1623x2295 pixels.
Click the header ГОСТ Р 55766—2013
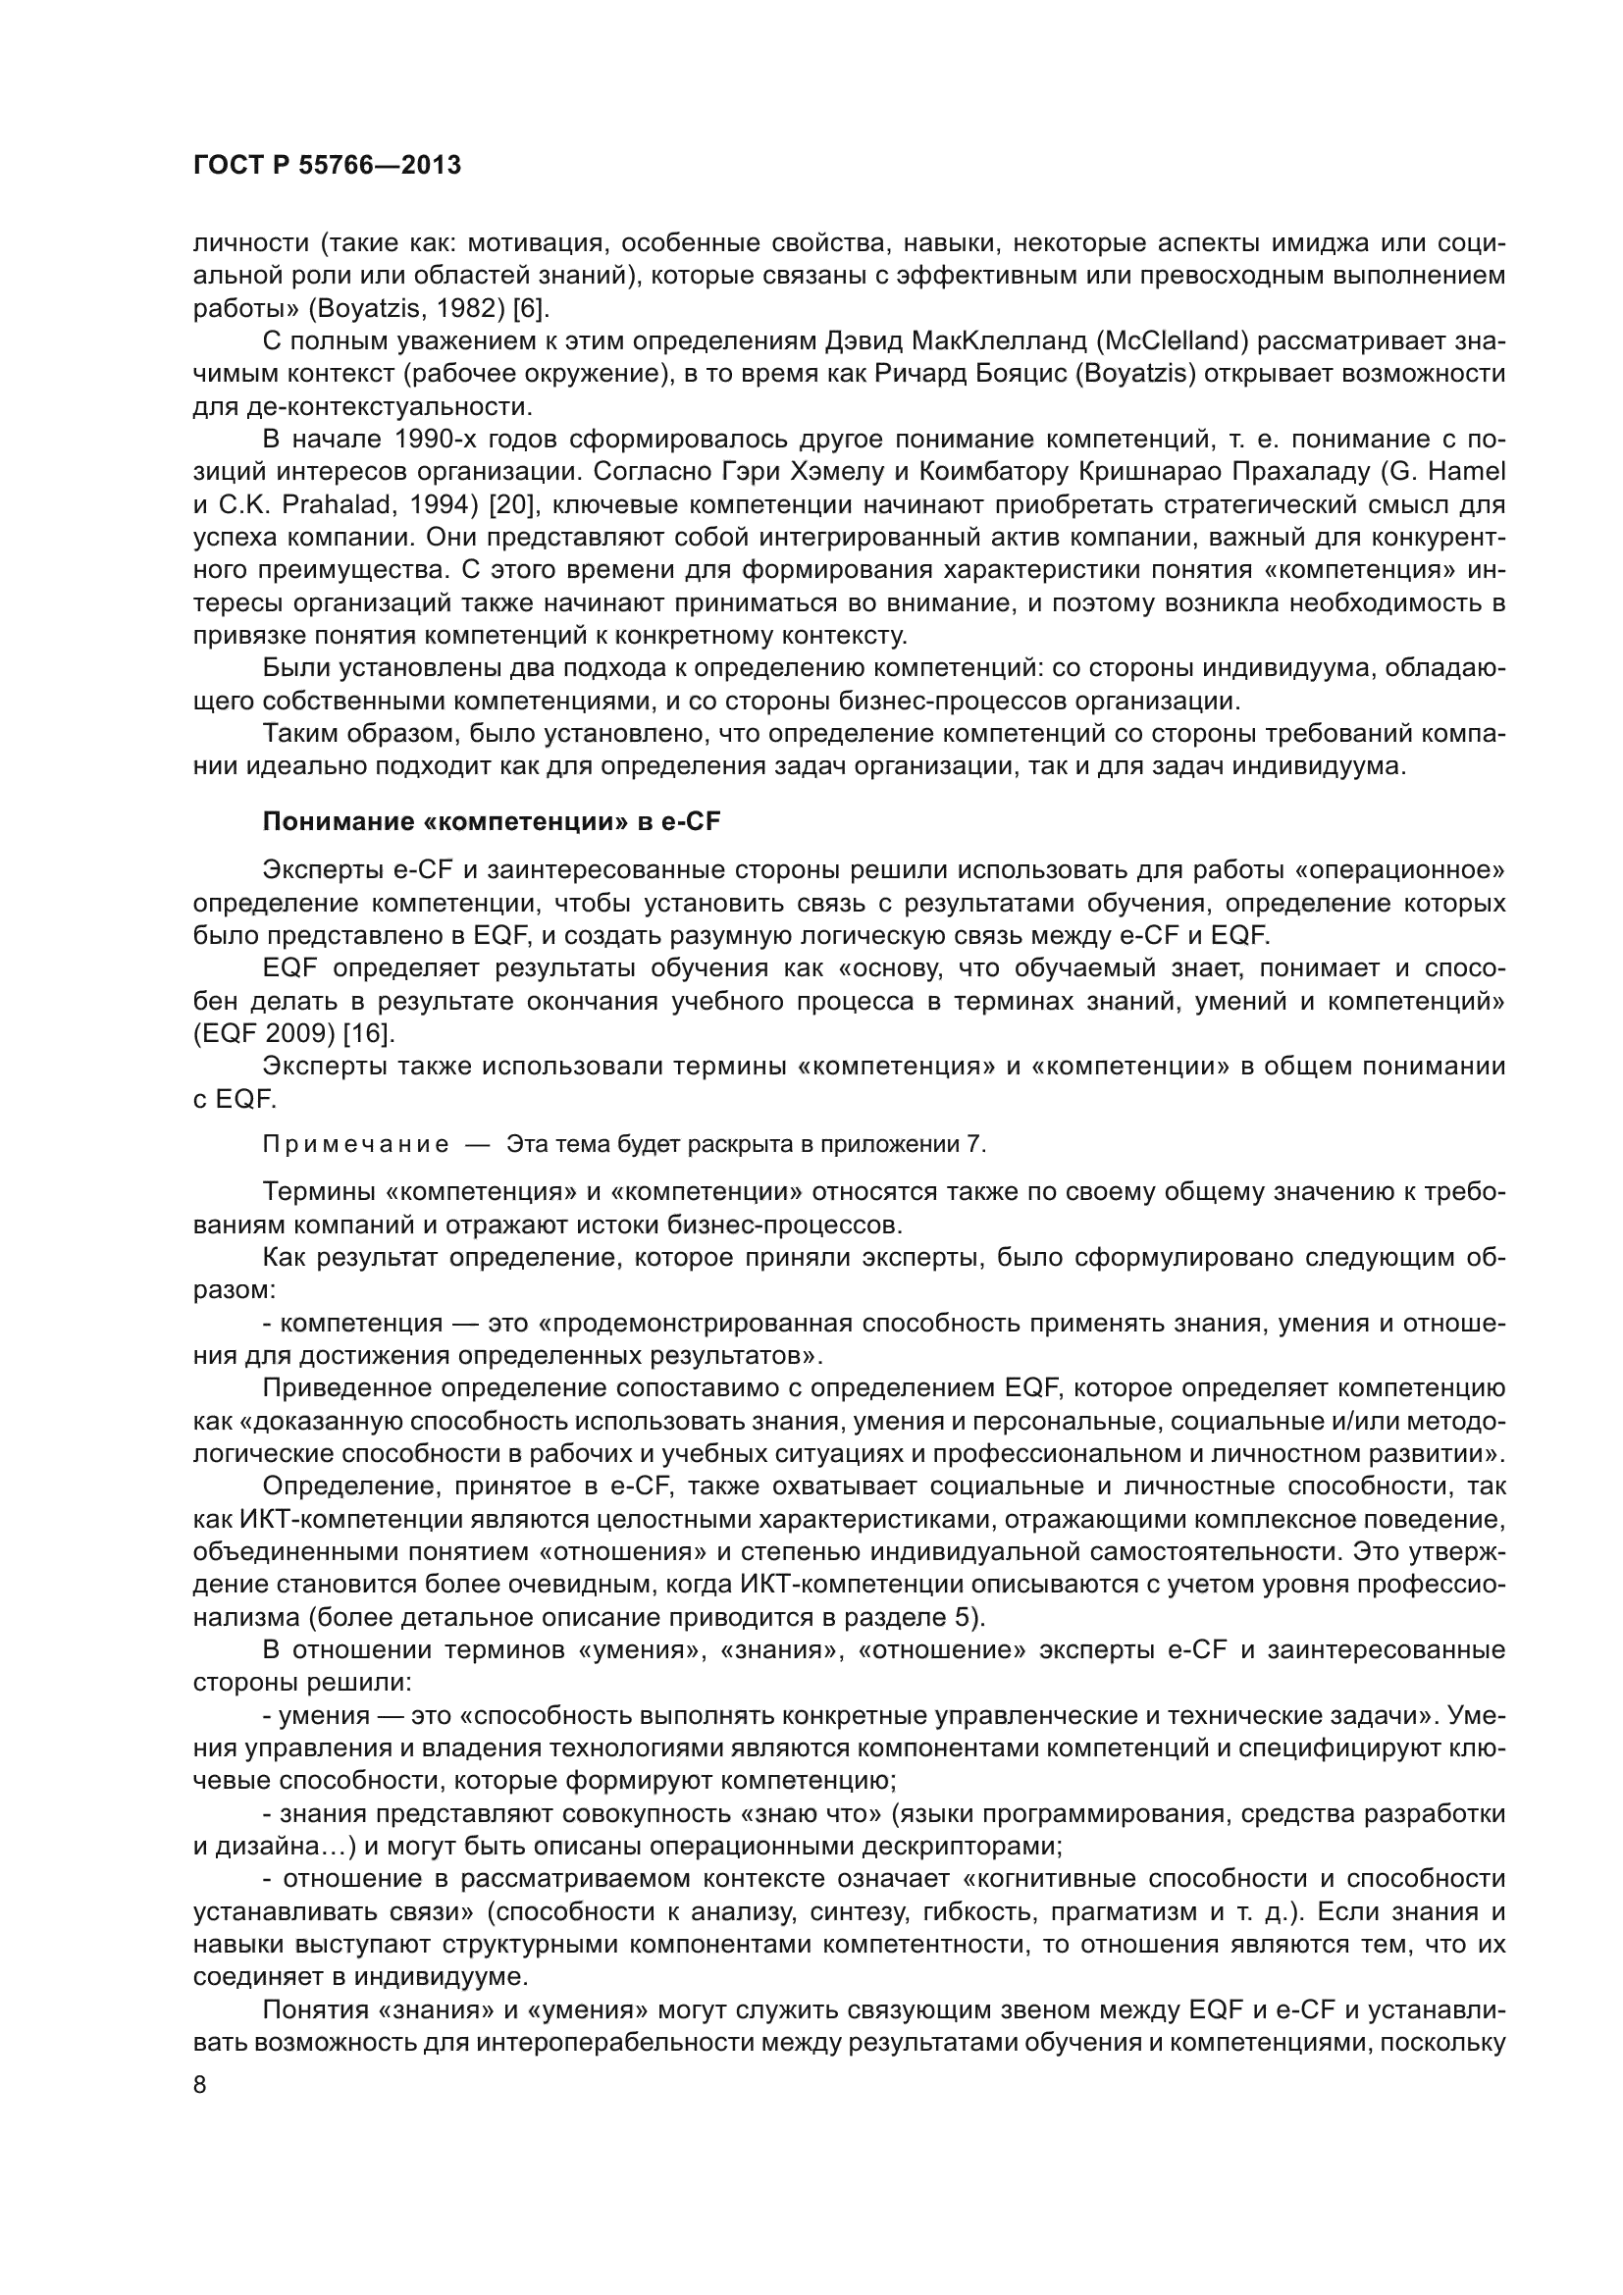327,166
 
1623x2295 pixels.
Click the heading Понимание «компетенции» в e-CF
491,821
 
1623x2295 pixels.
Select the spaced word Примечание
356,1144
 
